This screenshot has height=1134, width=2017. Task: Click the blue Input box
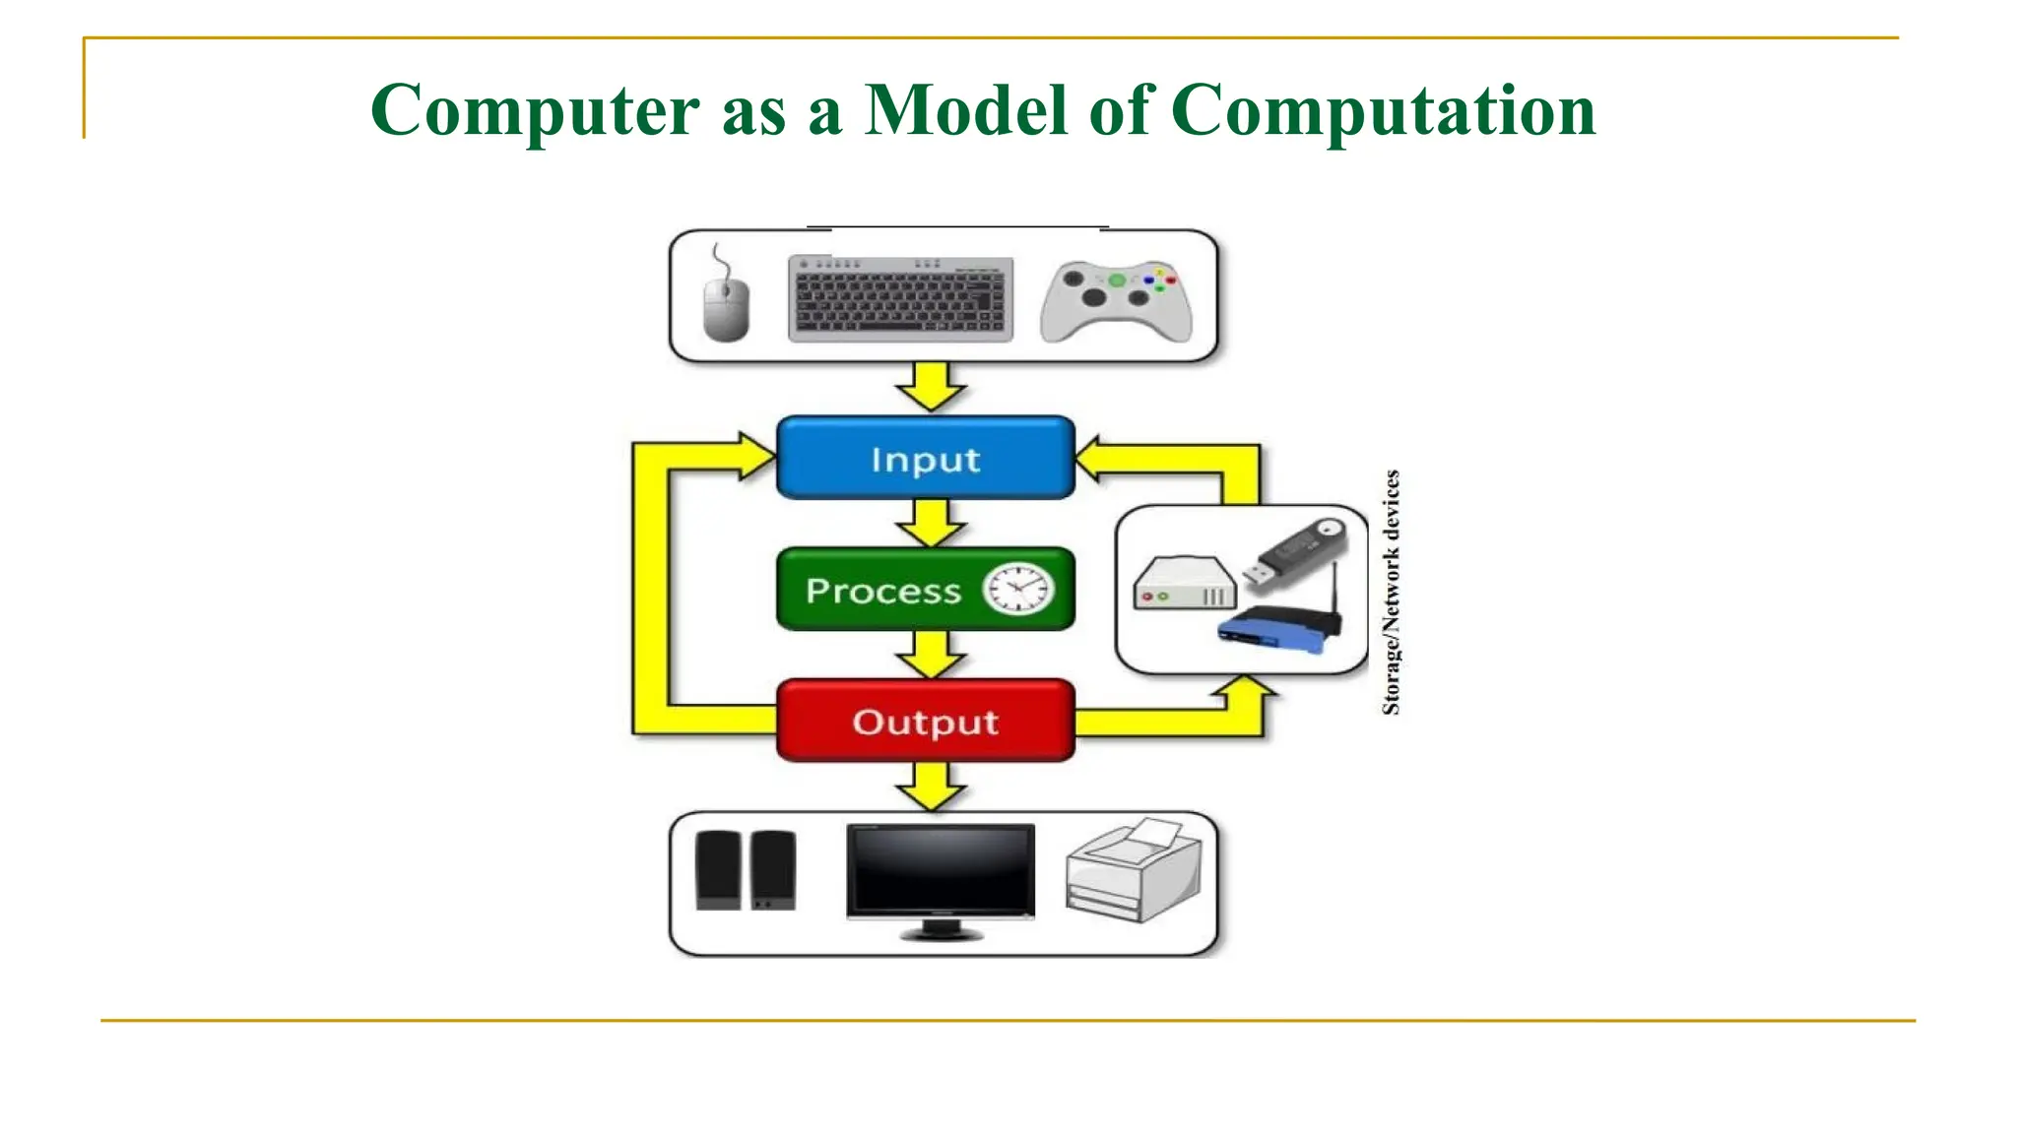[x=925, y=459]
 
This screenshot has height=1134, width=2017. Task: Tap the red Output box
[x=925, y=722]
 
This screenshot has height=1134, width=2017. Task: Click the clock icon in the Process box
[x=1017, y=590]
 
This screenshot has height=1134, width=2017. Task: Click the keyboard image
[x=900, y=299]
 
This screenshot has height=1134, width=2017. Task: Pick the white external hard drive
[x=1184, y=584]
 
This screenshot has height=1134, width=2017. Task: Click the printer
[x=1134, y=871]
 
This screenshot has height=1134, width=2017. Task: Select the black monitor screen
[x=941, y=870]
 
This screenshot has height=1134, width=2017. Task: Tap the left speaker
[x=718, y=871]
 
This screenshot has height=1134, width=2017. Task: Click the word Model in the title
[x=966, y=109]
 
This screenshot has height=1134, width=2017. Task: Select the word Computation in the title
[x=1383, y=109]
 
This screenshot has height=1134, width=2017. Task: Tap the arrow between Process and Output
[x=930, y=655]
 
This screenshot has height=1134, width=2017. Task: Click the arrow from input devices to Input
[x=930, y=387]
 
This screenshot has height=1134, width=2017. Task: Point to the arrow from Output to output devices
[x=930, y=786]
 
